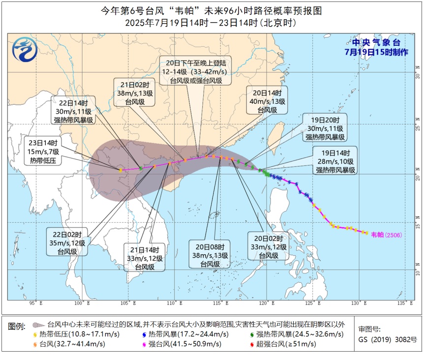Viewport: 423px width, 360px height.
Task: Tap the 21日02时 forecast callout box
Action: coord(134,91)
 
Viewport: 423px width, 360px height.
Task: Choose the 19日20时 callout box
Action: coord(325,128)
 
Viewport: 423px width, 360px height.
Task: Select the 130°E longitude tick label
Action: coord(361,303)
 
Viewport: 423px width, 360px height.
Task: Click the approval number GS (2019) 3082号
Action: coord(388,339)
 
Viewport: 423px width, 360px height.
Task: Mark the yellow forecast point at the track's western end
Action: coord(121,170)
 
